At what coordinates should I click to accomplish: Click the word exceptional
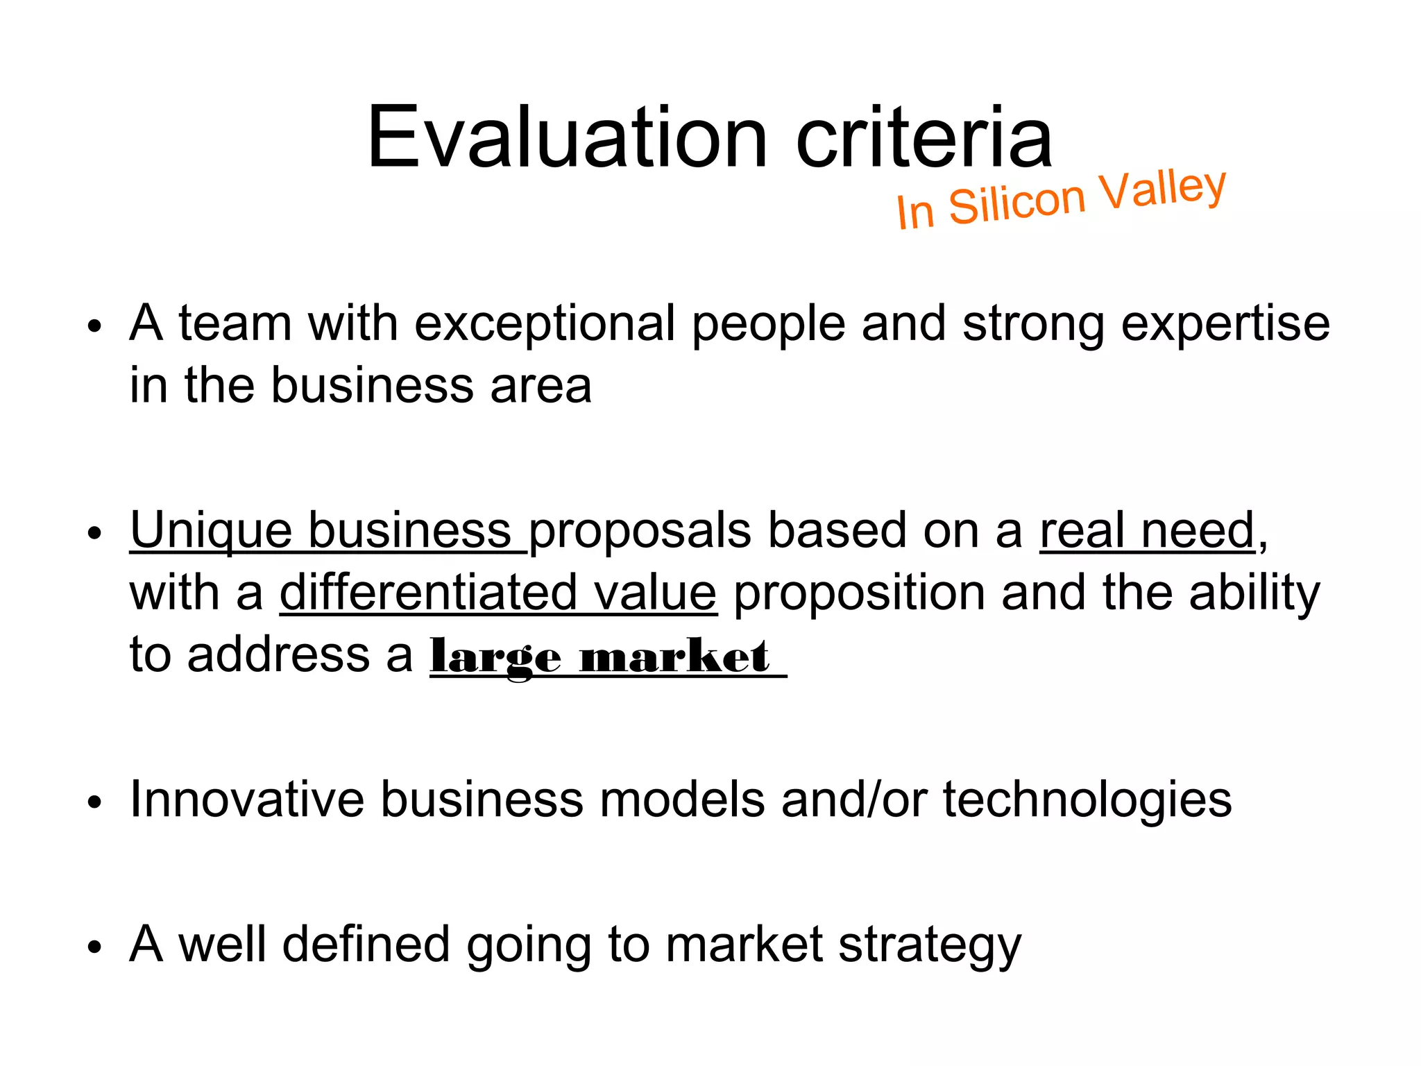(545, 323)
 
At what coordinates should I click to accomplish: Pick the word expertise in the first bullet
(1225, 323)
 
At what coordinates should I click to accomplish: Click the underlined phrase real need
(1147, 532)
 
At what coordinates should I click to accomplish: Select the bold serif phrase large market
(600, 657)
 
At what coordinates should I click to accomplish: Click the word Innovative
(246, 799)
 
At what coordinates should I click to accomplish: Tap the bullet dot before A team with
(95, 326)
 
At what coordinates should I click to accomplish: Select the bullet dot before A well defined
(95, 948)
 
